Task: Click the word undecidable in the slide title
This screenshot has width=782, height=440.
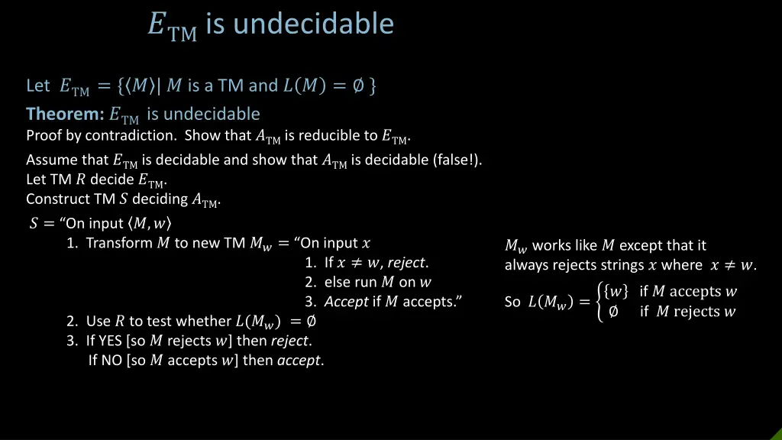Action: tap(313, 24)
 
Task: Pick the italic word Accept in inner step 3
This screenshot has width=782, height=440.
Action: tap(347, 302)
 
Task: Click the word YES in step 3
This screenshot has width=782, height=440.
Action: tap(111, 341)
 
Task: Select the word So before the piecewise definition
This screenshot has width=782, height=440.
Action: tap(512, 302)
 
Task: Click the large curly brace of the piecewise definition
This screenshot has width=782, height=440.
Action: tap(598, 301)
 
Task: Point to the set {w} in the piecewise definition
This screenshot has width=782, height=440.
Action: tap(616, 291)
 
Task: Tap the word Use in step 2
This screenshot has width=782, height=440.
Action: tap(99, 321)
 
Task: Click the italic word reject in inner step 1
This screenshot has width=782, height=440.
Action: tap(406, 263)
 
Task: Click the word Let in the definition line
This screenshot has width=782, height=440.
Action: tap(37, 86)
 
